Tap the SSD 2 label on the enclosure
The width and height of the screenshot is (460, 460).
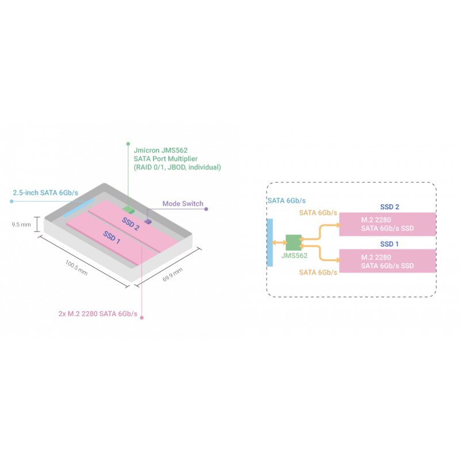pyautogui.click(x=131, y=223)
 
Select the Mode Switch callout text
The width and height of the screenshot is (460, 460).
pyautogui.click(x=183, y=204)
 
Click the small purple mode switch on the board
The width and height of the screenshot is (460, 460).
pyautogui.click(x=148, y=221)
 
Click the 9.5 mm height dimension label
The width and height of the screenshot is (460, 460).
pyautogui.click(x=22, y=225)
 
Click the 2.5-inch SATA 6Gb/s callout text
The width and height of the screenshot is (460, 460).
pyautogui.click(x=45, y=192)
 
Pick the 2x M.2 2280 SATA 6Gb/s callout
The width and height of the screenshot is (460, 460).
pyautogui.click(x=98, y=314)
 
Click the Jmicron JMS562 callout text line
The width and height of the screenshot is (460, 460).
pyautogui.click(x=160, y=149)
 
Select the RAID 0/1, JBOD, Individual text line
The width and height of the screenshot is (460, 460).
pyautogui.click(x=177, y=167)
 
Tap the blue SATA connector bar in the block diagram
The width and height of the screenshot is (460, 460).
pyautogui.click(x=270, y=242)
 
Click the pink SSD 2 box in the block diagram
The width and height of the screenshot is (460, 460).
pyautogui.click(x=386, y=224)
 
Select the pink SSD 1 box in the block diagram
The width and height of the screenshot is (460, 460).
pyautogui.click(x=386, y=260)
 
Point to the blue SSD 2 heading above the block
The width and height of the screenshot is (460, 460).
pyautogui.click(x=390, y=206)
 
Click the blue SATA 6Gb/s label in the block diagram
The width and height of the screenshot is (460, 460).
pyautogui.click(x=287, y=201)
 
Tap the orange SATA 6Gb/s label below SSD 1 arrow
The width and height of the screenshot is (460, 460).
pyautogui.click(x=319, y=272)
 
